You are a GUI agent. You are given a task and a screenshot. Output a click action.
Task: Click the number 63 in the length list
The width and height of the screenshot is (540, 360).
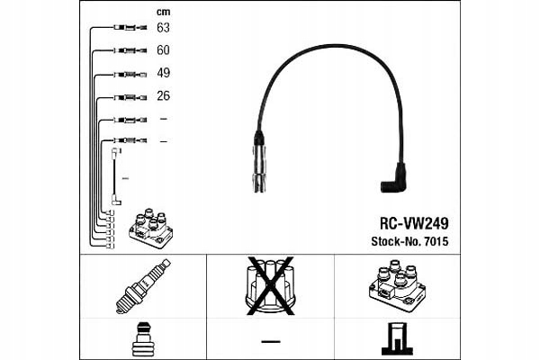[164, 28]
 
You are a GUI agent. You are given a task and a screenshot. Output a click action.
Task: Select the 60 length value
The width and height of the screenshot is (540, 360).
[164, 50]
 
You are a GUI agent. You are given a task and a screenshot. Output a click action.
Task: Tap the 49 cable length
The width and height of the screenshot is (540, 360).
[164, 73]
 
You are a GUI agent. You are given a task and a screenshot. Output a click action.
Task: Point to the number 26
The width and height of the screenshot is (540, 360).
[164, 95]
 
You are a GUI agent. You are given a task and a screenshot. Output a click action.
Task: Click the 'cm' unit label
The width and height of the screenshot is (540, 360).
[163, 12]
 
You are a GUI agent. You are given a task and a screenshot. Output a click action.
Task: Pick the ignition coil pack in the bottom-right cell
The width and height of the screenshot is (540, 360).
[397, 283]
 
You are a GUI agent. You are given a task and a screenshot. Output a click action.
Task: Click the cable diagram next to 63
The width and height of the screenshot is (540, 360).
[132, 29]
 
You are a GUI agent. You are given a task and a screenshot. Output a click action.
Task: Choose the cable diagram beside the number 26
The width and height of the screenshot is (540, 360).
[132, 96]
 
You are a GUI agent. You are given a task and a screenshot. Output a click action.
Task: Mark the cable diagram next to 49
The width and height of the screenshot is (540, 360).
[132, 74]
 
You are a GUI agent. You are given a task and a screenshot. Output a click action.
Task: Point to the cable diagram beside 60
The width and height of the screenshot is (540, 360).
[132, 51]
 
